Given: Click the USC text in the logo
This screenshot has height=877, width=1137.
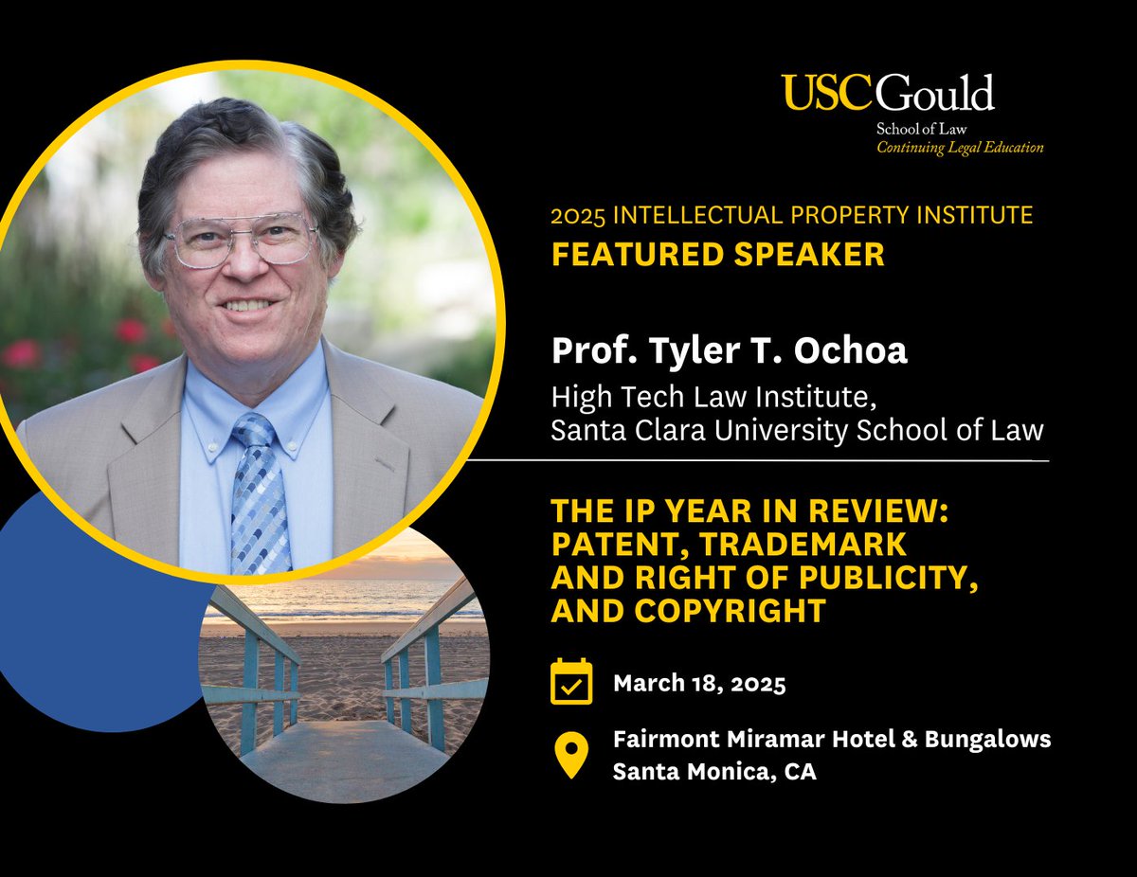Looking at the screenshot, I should tap(828, 94).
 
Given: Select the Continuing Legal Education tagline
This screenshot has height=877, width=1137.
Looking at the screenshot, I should tap(960, 148).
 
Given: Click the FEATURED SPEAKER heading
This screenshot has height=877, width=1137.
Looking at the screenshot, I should tap(717, 255).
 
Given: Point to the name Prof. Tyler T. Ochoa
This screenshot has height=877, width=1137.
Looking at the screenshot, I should tap(729, 351).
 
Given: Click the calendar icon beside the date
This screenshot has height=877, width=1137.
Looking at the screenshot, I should tap(571, 682).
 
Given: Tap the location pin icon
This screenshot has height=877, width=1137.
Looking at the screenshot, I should tap(570, 755).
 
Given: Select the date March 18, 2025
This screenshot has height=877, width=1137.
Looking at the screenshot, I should tap(699, 683).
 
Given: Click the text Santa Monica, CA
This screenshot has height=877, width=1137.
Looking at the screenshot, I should tap(714, 771).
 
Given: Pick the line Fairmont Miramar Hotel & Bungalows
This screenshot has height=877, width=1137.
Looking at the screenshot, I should tap(831, 738).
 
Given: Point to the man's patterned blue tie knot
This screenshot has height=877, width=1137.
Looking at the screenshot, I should tap(254, 432).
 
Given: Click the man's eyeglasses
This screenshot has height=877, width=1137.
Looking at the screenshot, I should tap(241, 241).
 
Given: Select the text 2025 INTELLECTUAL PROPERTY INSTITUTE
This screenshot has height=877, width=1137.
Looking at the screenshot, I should tap(791, 216).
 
